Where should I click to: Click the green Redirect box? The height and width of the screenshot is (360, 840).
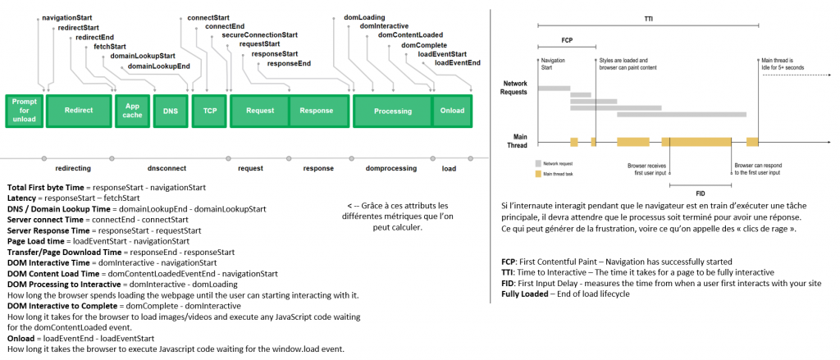[x=79, y=111]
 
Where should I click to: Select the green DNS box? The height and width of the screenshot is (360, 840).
[x=171, y=112]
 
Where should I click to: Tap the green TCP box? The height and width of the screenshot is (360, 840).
[x=209, y=112]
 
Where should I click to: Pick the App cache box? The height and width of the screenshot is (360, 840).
[x=132, y=111]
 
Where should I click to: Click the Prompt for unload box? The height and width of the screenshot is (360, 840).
[x=24, y=111]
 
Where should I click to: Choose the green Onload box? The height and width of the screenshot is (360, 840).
[x=453, y=111]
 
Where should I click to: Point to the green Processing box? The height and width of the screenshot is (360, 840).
[x=393, y=112]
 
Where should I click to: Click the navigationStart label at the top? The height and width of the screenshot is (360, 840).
[x=67, y=18]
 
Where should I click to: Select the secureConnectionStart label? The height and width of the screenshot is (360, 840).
[x=260, y=34]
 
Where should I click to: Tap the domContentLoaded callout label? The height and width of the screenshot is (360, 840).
[x=410, y=34]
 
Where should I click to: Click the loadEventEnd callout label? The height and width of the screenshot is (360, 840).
[x=457, y=62]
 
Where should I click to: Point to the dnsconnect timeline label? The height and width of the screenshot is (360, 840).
[x=167, y=168]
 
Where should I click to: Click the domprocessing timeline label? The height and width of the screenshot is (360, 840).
[x=391, y=168]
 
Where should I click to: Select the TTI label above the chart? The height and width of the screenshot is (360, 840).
[x=648, y=18]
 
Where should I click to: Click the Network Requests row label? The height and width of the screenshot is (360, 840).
[x=514, y=88]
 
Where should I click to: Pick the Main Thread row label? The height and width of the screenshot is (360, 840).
[x=517, y=141]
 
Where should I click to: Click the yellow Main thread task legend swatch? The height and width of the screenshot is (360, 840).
[x=538, y=174]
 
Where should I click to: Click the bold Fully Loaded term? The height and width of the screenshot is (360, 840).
[x=523, y=294]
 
